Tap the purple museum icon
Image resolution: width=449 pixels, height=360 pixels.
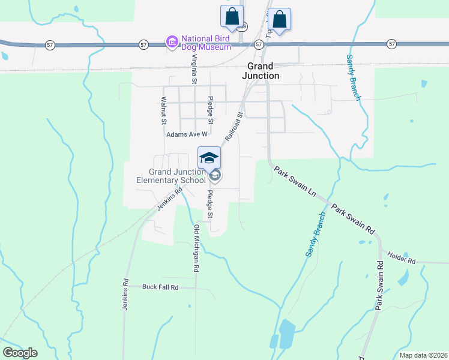tap(172, 42)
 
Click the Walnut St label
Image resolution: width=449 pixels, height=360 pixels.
tap(163, 110)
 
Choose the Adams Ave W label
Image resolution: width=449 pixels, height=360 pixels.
tap(187, 135)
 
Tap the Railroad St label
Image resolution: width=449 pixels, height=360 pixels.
tap(234, 126)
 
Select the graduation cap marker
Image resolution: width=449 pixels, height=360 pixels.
tap(209, 158)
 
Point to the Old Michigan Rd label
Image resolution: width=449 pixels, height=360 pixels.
tap(196, 248)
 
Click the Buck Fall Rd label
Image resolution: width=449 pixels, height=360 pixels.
tap(161, 287)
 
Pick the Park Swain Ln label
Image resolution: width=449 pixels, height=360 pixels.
tap(295, 182)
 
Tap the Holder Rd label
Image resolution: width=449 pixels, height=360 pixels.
tap(402, 261)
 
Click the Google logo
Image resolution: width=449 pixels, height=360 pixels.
tap(20, 353)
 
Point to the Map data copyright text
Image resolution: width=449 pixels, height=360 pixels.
tap(423, 355)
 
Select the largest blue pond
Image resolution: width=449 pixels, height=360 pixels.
tap(287, 332)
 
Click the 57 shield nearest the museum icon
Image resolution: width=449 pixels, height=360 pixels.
tap(143, 44)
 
